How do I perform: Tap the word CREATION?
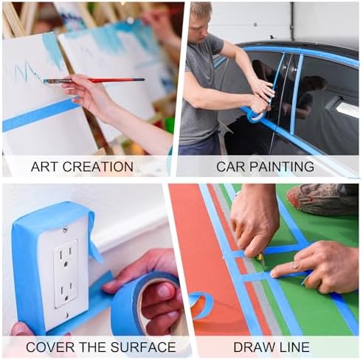[x=98, y=167]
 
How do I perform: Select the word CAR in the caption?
[x=231, y=167]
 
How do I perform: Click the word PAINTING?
[x=282, y=167]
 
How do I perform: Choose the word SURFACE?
[x=143, y=347]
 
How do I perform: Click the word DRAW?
[x=255, y=347]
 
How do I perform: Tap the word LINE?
[x=295, y=347]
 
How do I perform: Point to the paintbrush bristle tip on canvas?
[x=44, y=80]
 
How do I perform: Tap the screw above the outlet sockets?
[x=65, y=229]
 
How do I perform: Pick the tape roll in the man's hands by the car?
[x=256, y=115]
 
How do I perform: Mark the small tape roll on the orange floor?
[x=201, y=305]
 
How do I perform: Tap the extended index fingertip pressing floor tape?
[x=274, y=274]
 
